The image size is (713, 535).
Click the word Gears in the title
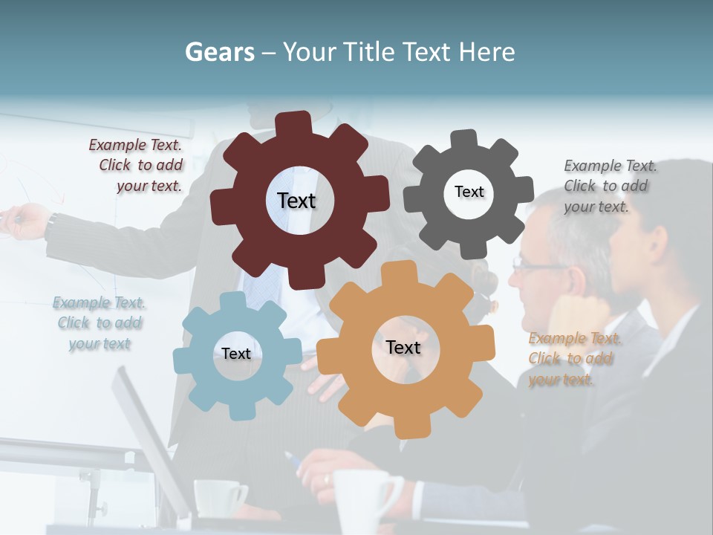click(x=219, y=52)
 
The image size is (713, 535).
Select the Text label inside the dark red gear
click(x=296, y=201)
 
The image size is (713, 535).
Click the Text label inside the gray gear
click(x=469, y=192)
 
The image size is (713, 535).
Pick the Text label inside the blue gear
click(x=236, y=354)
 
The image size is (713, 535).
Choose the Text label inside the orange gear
click(x=403, y=347)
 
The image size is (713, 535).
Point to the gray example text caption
click(x=610, y=186)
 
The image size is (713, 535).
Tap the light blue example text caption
click(x=100, y=323)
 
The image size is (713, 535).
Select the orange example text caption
click(x=575, y=359)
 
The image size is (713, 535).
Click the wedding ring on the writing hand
click(x=326, y=480)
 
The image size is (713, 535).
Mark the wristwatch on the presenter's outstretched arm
click(x=52, y=221)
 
